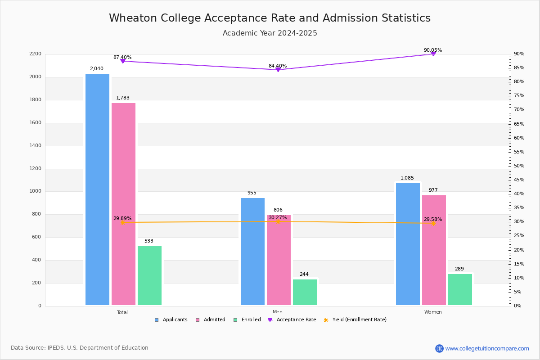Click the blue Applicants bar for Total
[x=97, y=189]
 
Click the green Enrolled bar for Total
[x=149, y=275]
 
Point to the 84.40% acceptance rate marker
[x=278, y=70]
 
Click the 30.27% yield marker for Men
[x=278, y=221]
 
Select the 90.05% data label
[x=432, y=50]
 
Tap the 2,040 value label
[x=97, y=69]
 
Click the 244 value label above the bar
[x=304, y=274]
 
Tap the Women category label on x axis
[x=433, y=312]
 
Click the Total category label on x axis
[x=122, y=312]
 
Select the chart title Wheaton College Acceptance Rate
[x=270, y=18]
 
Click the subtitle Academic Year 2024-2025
[x=270, y=33]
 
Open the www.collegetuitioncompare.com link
[x=487, y=348]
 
